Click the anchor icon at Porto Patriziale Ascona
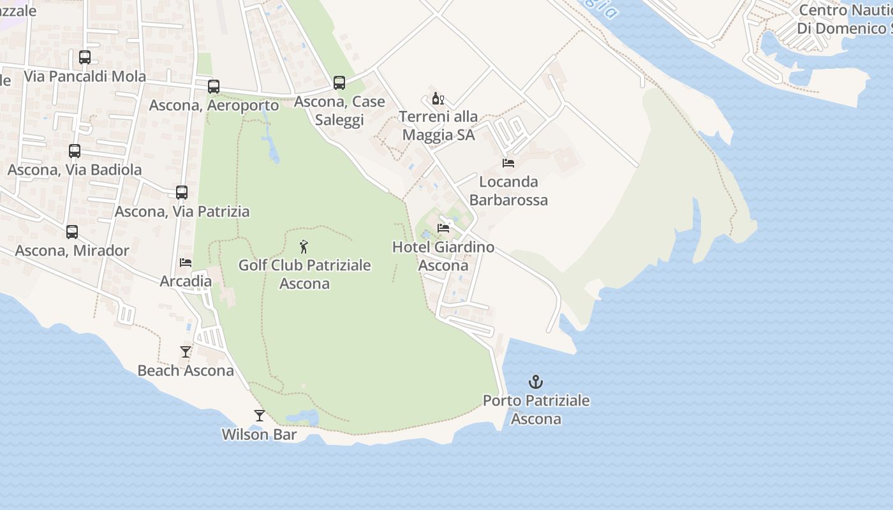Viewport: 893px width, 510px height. pyautogui.click(x=536, y=382)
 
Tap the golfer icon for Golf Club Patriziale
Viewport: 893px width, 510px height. pyautogui.click(x=304, y=247)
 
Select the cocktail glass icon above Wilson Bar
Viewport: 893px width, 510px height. pyautogui.click(x=259, y=416)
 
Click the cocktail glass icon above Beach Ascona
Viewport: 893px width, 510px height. pyautogui.click(x=186, y=352)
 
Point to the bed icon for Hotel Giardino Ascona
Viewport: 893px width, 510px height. pyautogui.click(x=443, y=228)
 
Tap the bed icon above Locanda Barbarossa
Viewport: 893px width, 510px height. pyautogui.click(x=508, y=163)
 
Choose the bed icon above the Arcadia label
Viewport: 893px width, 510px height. pyautogui.click(x=186, y=263)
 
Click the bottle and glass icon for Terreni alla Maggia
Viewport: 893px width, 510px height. pyautogui.click(x=438, y=99)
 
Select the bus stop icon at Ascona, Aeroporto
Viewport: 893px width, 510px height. pyautogui.click(x=214, y=87)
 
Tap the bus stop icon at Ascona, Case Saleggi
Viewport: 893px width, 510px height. pyautogui.click(x=339, y=83)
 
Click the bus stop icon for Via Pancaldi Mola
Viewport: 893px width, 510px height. pyautogui.click(x=85, y=57)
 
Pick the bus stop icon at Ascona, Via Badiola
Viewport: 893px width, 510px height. pyautogui.click(x=75, y=151)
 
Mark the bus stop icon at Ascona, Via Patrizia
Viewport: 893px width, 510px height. pyautogui.click(x=182, y=193)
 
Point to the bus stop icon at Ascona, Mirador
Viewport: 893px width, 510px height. pyautogui.click(x=72, y=232)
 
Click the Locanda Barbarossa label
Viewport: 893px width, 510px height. pyautogui.click(x=508, y=191)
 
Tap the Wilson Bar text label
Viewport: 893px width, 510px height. pyautogui.click(x=259, y=435)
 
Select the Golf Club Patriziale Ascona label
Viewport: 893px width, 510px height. pyautogui.click(x=304, y=274)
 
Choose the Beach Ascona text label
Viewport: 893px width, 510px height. pyautogui.click(x=186, y=371)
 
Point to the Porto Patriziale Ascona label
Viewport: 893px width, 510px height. pyautogui.click(x=536, y=410)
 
